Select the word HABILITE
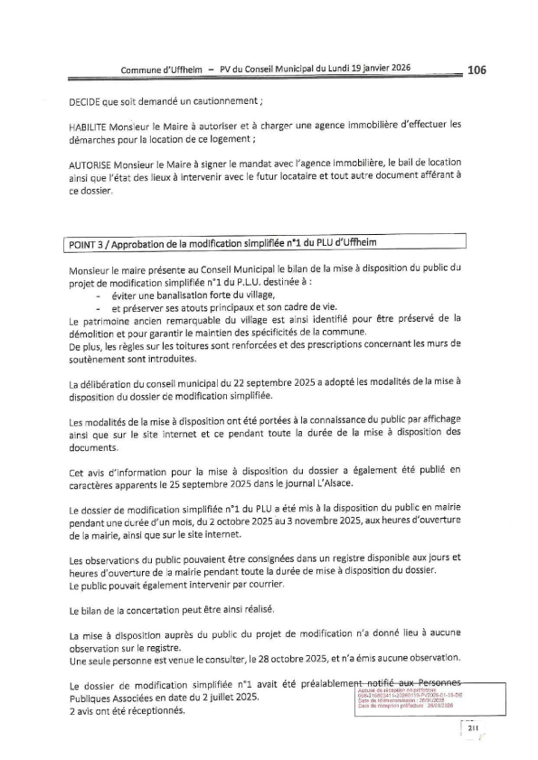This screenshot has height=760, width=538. click(93, 125)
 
